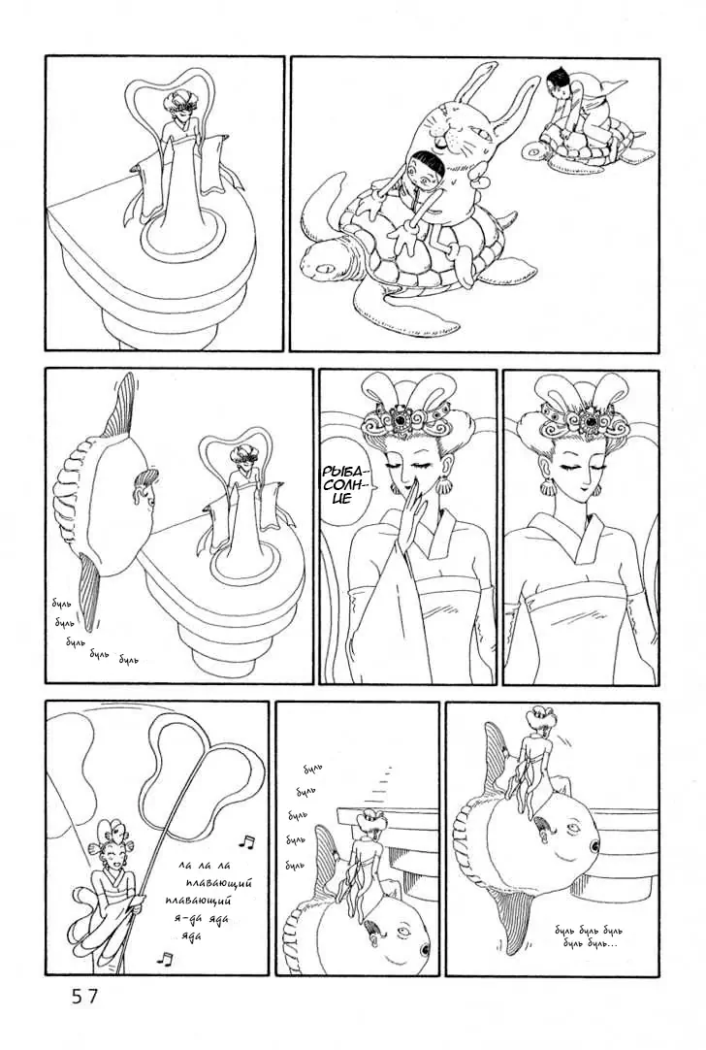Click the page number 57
click(85, 997)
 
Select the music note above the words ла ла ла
click(247, 841)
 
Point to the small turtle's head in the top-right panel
click(534, 150)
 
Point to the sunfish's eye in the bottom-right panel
click(573, 828)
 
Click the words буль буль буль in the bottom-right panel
click(589, 931)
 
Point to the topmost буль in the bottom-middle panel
click(313, 769)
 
